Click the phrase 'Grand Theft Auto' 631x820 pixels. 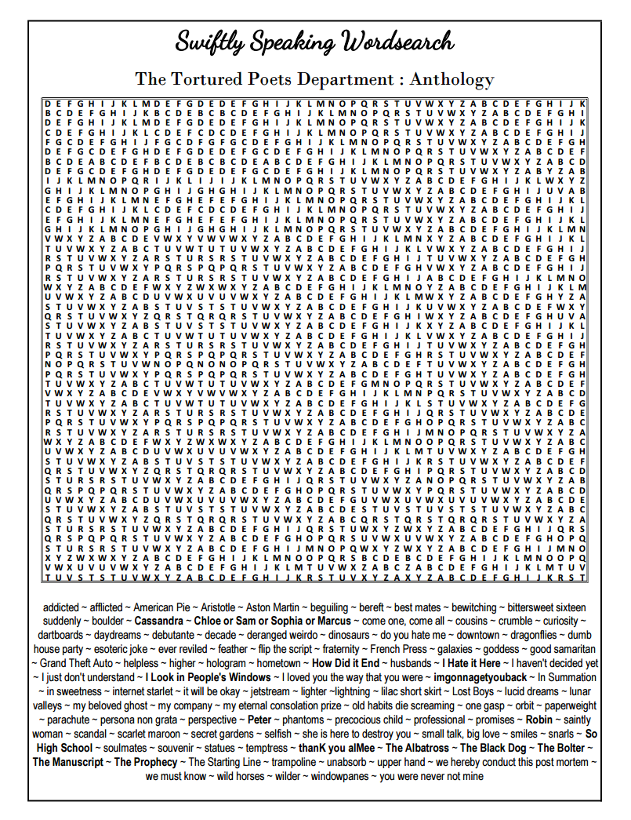coord(72,664)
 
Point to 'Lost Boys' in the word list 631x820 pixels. coord(473,691)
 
